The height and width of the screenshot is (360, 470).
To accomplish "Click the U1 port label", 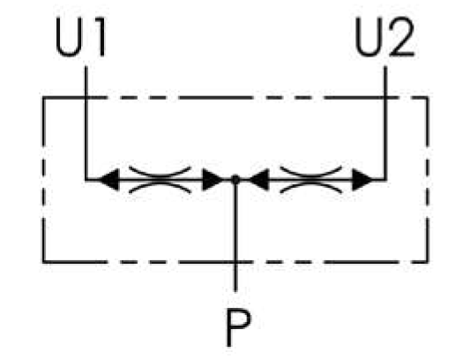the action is [x=80, y=36].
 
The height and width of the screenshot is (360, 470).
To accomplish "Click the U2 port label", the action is [x=384, y=36].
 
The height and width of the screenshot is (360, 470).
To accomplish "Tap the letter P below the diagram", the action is [x=238, y=328].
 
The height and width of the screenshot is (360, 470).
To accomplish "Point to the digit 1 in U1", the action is [x=101, y=36].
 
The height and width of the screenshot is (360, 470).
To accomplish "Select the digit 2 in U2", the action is [x=401, y=36].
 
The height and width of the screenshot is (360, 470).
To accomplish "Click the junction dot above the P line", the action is [x=235, y=179].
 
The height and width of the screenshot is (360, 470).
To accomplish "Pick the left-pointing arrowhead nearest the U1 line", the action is [x=109, y=180].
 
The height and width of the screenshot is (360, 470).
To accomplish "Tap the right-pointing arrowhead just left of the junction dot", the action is [x=213, y=180].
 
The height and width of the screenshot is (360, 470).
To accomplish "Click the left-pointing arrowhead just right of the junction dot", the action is [x=258, y=180].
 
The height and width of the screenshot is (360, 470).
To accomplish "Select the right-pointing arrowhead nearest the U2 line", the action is [x=362, y=180].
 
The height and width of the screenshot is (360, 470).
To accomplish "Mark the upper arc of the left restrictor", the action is [x=160, y=175].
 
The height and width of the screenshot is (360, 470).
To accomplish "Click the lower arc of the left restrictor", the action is [x=160, y=185].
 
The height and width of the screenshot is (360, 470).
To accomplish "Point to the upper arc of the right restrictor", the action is [x=311, y=175].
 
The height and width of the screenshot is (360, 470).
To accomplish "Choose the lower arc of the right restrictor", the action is [x=311, y=185].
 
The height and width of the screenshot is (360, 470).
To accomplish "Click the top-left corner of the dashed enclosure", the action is [x=44, y=97].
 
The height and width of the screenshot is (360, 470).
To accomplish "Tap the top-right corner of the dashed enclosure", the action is [x=427, y=97].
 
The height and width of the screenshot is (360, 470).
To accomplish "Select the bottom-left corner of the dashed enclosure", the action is [x=44, y=262].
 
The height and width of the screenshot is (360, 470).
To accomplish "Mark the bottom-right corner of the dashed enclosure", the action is [x=427, y=262].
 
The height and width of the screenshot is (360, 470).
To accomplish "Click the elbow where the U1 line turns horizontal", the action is [x=86, y=180].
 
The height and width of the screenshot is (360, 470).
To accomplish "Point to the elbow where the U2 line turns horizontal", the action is [x=385, y=180].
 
